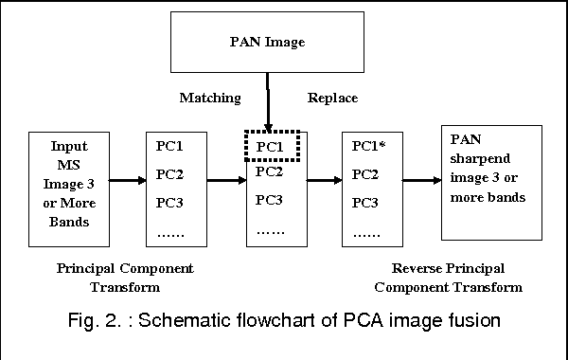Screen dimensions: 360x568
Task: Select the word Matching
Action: point(210,98)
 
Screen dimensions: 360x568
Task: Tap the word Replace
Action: point(332,98)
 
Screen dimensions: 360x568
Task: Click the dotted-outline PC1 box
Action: point(271,147)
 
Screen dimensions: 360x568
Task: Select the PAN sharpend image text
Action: point(491,182)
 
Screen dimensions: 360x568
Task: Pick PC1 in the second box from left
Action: point(171,147)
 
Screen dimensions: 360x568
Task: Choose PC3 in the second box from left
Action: point(172,203)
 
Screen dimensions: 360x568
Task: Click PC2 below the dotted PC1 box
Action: point(270,172)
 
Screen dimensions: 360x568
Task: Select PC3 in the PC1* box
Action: point(366,203)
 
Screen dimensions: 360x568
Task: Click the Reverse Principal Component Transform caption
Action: point(448,277)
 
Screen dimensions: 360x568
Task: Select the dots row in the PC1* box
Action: point(366,231)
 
